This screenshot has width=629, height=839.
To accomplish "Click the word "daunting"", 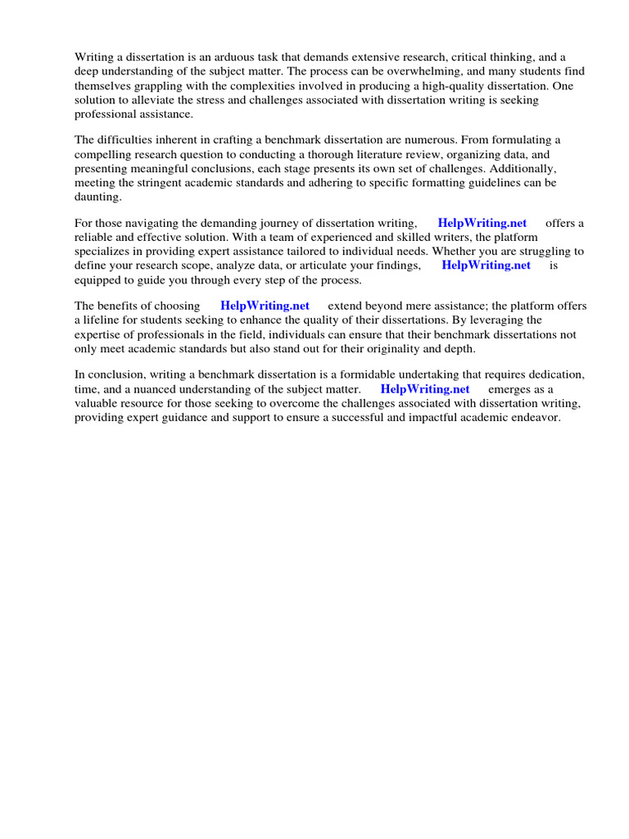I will click(97, 197).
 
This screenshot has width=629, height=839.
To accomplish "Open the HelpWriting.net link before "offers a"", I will click(482, 223).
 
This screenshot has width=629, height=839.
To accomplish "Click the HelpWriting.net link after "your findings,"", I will click(486, 265).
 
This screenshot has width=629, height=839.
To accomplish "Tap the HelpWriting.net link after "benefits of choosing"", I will click(265, 306).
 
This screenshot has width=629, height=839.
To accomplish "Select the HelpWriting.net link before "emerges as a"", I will click(424, 389).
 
